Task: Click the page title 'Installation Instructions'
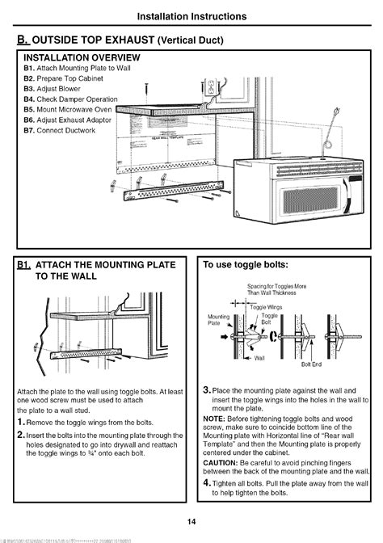[191, 15]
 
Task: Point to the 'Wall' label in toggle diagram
[259, 356]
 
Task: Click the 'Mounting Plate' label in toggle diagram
[220, 320]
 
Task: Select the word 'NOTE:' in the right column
[214, 419]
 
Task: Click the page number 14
[191, 520]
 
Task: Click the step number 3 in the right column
[207, 390]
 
